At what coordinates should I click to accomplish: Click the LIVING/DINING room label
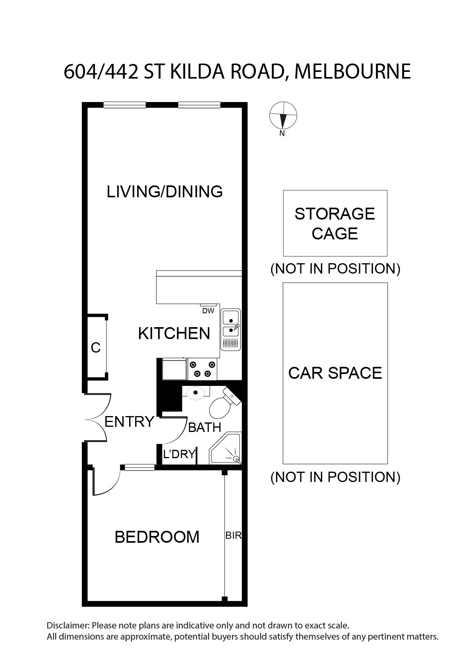pyautogui.click(x=164, y=192)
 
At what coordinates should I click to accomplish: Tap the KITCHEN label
pyautogui.click(x=174, y=333)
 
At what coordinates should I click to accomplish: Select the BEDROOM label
pyautogui.click(x=157, y=537)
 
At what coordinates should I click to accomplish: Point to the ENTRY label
pyautogui.click(x=130, y=422)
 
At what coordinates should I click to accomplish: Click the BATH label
pyautogui.click(x=205, y=428)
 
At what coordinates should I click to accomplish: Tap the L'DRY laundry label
pyautogui.click(x=179, y=454)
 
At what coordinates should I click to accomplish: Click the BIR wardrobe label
pyautogui.click(x=233, y=536)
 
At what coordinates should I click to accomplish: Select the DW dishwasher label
pyautogui.click(x=208, y=311)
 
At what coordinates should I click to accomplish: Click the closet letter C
pyautogui.click(x=96, y=348)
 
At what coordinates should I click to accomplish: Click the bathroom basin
pyautogui.click(x=195, y=393)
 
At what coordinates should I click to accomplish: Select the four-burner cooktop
pyautogui.click(x=202, y=369)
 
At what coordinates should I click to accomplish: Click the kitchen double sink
pyautogui.click(x=230, y=330)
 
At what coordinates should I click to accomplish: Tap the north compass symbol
pyautogui.click(x=283, y=116)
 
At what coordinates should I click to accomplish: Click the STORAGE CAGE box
pyautogui.click(x=335, y=223)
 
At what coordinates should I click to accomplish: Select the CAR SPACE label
pyautogui.click(x=335, y=373)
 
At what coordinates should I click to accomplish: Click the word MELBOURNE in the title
pyautogui.click(x=352, y=72)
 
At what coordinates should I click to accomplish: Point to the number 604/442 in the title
pyautogui.click(x=101, y=72)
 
